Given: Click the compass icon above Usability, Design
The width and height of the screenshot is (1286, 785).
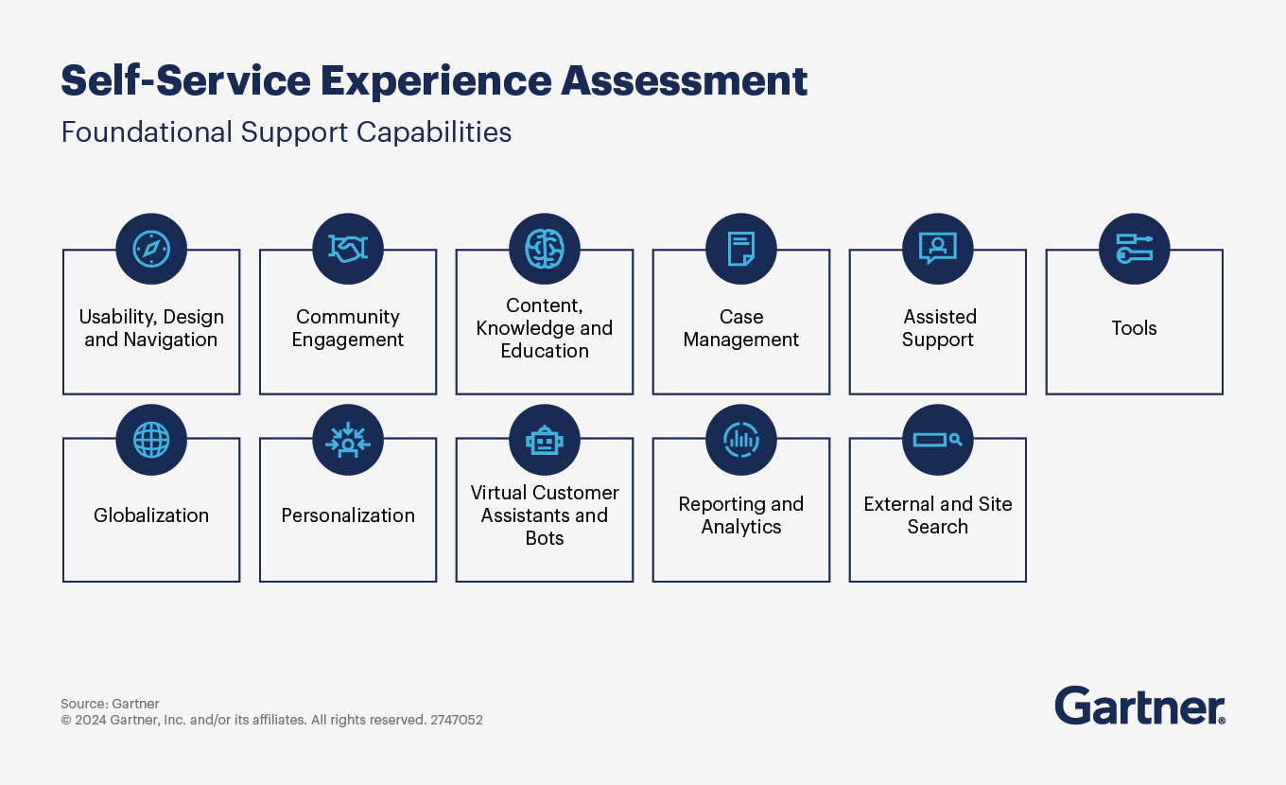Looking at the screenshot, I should [x=151, y=249].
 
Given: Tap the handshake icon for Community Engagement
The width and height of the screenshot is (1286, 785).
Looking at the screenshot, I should [x=348, y=249].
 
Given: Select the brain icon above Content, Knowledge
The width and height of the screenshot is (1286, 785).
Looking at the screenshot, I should [x=545, y=249].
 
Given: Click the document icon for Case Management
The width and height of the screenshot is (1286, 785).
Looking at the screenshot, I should [x=741, y=249].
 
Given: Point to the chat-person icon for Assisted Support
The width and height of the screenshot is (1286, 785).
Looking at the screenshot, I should [x=938, y=249].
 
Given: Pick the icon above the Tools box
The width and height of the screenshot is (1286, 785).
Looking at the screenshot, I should [x=1135, y=249].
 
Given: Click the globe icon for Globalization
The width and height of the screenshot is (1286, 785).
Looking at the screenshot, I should [x=151, y=440].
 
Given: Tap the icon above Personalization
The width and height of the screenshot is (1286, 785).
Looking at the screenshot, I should [x=348, y=440].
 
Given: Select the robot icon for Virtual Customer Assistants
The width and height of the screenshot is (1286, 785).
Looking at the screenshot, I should [x=545, y=440].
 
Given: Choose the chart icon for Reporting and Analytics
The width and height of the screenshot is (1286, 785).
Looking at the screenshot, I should [x=741, y=440].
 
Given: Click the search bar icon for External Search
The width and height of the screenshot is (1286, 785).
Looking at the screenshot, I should [x=938, y=440].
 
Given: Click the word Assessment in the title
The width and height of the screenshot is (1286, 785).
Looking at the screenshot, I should [x=685, y=81].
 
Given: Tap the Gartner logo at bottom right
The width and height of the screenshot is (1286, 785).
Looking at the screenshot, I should [x=1139, y=706].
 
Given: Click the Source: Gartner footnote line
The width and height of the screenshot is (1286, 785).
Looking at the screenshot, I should [x=110, y=704].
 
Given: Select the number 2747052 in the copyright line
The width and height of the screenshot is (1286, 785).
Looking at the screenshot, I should [x=457, y=720].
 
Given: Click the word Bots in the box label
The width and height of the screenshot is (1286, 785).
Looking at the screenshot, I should [x=545, y=538].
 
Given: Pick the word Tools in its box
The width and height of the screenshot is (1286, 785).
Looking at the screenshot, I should [x=1134, y=328].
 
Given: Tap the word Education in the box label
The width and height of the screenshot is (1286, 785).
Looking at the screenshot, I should [x=545, y=351].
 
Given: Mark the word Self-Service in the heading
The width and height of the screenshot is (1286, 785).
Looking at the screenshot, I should [x=185, y=81].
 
